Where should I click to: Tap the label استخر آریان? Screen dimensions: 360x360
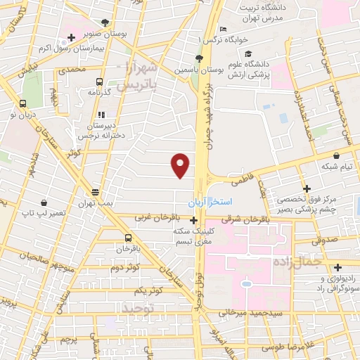pos(208,202)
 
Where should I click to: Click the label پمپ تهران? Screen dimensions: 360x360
pos(96,203)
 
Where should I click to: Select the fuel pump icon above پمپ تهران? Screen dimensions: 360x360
pos(96,192)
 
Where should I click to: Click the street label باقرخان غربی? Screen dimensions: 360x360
pos(148,218)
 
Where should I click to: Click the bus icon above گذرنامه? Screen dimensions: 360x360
pos(98,81)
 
